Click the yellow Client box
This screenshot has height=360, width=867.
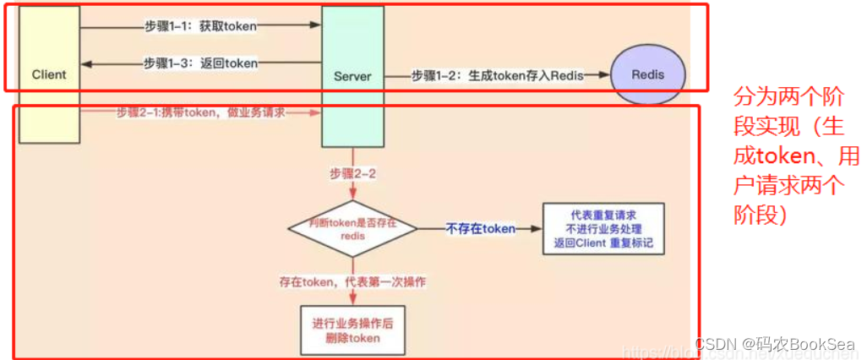(49, 74)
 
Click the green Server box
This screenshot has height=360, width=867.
(352, 76)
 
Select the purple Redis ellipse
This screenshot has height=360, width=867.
(648, 74)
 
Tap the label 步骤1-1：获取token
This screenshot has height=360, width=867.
(199, 26)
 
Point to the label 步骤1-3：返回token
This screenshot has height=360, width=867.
(200, 63)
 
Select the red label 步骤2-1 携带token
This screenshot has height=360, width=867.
(201, 112)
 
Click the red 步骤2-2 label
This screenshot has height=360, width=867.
(352, 174)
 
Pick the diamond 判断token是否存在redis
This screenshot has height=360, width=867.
(352, 229)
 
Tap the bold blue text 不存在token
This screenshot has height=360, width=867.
(480, 228)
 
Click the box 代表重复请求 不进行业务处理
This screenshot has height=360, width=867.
(603, 229)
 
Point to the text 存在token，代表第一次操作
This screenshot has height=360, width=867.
(352, 281)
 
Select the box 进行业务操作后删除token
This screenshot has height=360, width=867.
(352, 330)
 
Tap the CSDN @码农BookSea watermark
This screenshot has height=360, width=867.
(774, 344)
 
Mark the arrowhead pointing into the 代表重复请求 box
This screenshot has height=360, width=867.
(537, 229)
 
